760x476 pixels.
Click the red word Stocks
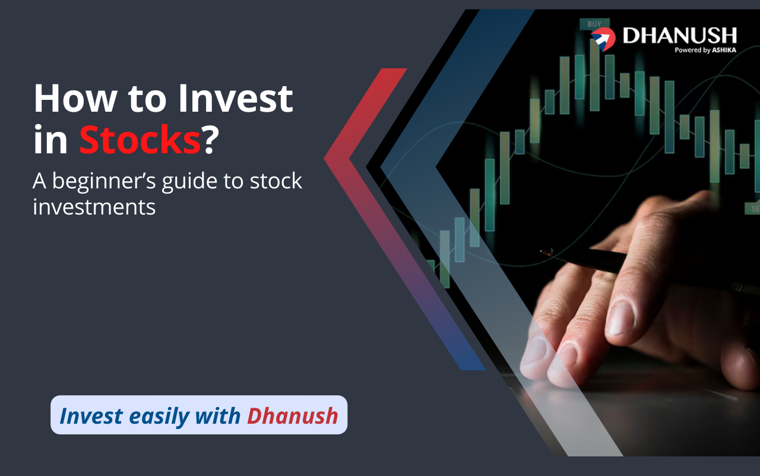coord(140,140)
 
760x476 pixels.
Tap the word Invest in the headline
coord(236,99)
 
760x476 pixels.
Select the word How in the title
coord(75,99)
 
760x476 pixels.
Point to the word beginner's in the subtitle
coord(104,182)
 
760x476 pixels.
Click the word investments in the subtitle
coord(94,207)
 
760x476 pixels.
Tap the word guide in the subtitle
coord(189,182)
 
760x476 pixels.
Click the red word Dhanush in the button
coord(293,416)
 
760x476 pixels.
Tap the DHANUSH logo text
coord(680,35)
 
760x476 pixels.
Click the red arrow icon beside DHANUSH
coord(603,39)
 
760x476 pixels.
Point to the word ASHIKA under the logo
coord(724,51)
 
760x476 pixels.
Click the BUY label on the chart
coord(594,24)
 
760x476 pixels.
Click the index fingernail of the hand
coord(621,318)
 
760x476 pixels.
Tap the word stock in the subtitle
coord(276,181)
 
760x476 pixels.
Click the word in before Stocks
coord(50,140)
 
